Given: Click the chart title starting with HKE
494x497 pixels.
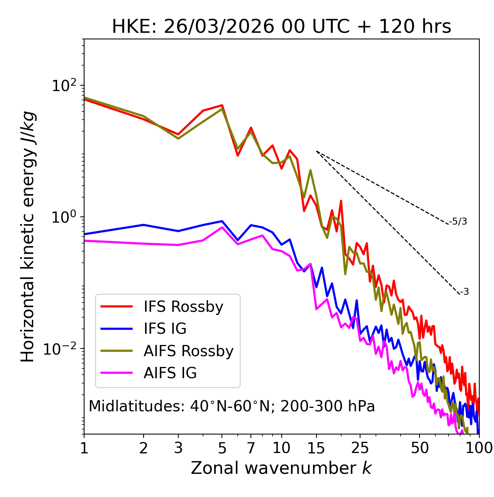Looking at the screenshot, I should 281,27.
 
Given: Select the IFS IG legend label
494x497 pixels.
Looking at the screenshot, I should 165,329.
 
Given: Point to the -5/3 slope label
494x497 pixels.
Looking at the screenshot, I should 458,221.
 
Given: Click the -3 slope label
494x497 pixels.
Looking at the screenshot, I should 464,292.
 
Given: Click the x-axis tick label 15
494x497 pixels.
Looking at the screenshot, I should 316,448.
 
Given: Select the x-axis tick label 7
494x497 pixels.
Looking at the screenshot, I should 251,448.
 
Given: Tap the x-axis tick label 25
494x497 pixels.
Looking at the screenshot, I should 360,448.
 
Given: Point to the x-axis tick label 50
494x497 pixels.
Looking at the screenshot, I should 420,448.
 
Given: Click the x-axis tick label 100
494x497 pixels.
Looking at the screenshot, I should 479,448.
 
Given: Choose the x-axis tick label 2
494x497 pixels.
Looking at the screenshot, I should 144,448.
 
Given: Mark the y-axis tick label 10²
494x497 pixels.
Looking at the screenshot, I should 63,86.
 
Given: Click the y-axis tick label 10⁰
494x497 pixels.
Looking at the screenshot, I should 63,217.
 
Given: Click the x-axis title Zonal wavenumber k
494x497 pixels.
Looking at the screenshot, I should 281,468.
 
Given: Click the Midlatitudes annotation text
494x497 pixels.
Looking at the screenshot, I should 232,406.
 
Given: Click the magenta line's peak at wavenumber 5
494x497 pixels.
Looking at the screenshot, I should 222,227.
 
